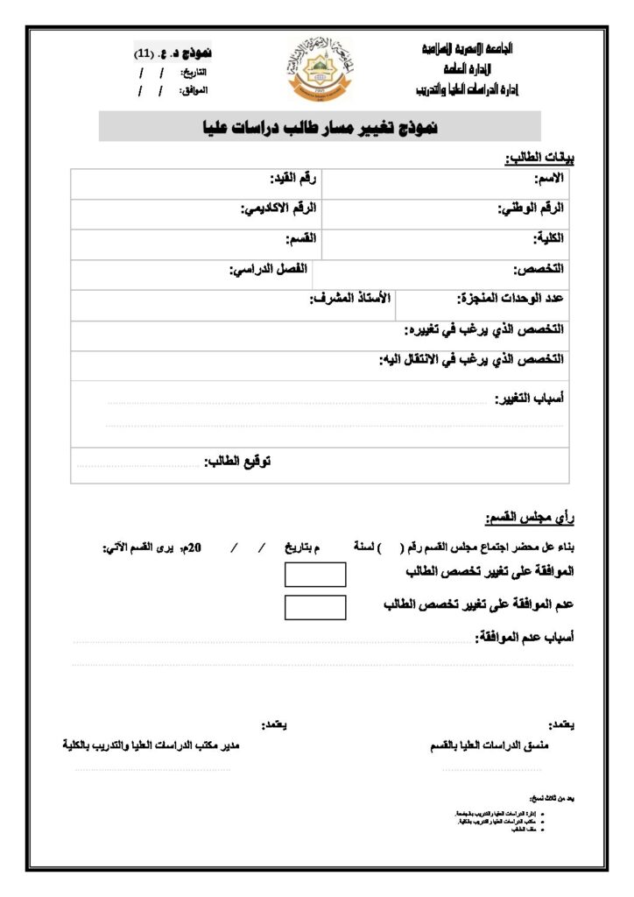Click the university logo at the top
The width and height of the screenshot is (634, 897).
(319, 69)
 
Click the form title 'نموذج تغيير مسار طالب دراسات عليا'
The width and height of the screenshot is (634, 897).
(320, 128)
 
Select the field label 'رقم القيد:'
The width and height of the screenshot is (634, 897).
(294, 179)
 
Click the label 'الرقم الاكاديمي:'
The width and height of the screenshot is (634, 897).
(279, 208)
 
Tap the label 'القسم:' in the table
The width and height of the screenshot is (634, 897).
(301, 239)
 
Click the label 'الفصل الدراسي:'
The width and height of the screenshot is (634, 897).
(268, 269)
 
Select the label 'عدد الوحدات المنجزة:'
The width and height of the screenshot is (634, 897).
(511, 299)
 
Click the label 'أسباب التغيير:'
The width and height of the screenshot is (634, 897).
(531, 399)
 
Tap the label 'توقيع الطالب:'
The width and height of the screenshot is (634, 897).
(237, 461)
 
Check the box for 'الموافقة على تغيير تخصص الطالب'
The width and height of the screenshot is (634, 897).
(315, 575)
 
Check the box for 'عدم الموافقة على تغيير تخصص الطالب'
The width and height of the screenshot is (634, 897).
(315, 606)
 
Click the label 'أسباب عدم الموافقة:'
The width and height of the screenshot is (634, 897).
(524, 638)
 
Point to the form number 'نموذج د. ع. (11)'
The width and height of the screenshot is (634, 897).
(173, 54)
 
